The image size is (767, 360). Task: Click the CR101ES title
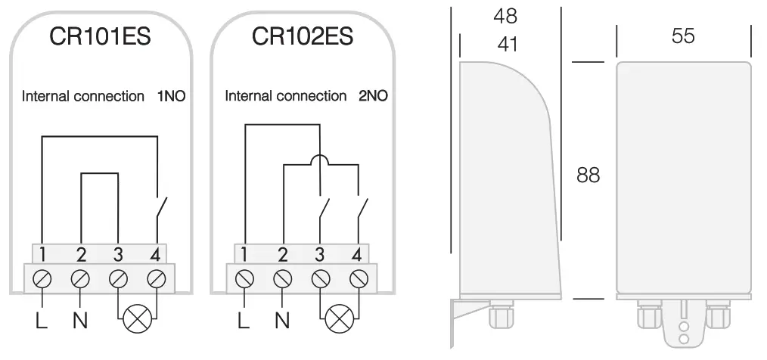pyautogui.click(x=100, y=36)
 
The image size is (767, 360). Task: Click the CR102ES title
pyautogui.click(x=303, y=36)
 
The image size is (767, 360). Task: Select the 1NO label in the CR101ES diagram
pyautogui.click(x=171, y=97)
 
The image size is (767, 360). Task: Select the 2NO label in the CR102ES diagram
pyautogui.click(x=374, y=97)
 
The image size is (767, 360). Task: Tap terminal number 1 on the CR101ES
pyautogui.click(x=43, y=253)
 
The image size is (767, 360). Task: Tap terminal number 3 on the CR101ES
pyautogui.click(x=119, y=253)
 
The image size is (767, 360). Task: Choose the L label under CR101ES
pyautogui.click(x=42, y=321)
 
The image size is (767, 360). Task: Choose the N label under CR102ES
pyautogui.click(x=282, y=321)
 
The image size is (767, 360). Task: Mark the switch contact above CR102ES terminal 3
pyautogui.click(x=324, y=206)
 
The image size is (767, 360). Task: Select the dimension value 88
pyautogui.click(x=588, y=175)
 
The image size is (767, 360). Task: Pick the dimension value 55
pyautogui.click(x=683, y=36)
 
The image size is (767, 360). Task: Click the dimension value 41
pyautogui.click(x=508, y=45)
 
